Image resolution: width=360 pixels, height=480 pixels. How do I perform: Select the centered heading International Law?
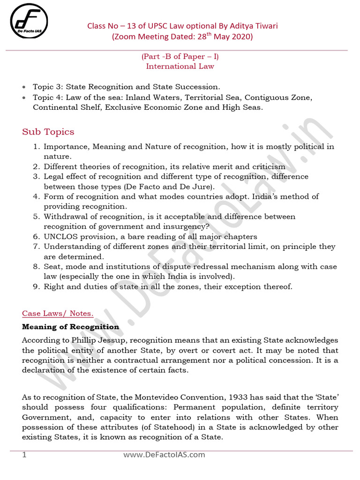[180, 66]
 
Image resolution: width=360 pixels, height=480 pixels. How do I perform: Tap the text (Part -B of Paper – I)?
[180, 57]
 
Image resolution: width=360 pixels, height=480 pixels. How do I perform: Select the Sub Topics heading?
[48, 132]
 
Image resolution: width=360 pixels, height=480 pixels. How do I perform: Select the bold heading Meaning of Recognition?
[71, 327]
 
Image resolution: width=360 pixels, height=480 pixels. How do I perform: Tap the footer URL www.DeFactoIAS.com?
[164, 455]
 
